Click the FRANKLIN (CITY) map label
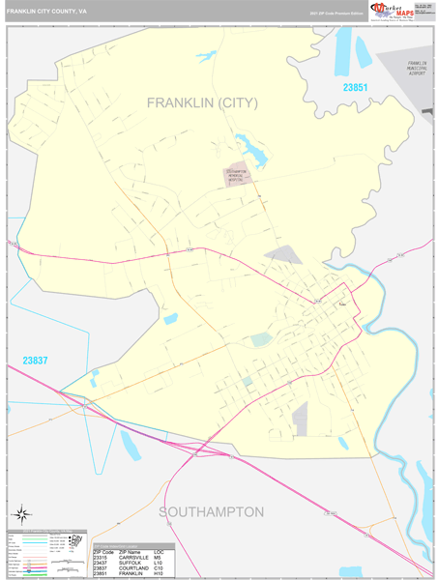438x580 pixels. tap(202, 102)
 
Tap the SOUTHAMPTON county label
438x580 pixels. tap(211, 511)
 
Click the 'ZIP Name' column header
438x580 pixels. tap(133, 550)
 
